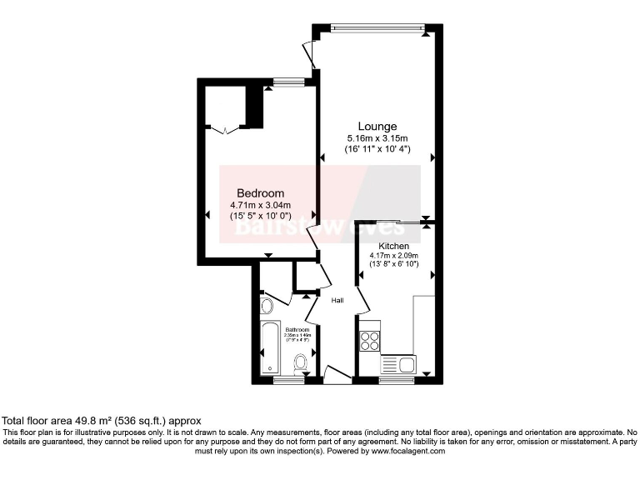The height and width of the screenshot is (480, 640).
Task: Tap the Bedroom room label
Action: (x=260, y=192)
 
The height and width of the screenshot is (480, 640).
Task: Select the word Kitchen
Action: (x=393, y=246)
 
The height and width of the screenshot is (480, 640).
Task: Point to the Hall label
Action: (x=337, y=300)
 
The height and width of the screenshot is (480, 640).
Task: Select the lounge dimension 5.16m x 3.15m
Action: (x=377, y=137)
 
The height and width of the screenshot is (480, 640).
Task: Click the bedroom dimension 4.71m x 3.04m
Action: (x=261, y=204)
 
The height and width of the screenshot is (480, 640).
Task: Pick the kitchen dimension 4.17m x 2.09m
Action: (x=393, y=256)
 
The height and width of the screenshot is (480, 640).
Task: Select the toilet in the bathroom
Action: (x=301, y=362)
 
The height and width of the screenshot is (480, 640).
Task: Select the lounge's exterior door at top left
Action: (x=311, y=55)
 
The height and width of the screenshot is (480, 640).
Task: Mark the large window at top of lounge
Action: (x=378, y=27)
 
